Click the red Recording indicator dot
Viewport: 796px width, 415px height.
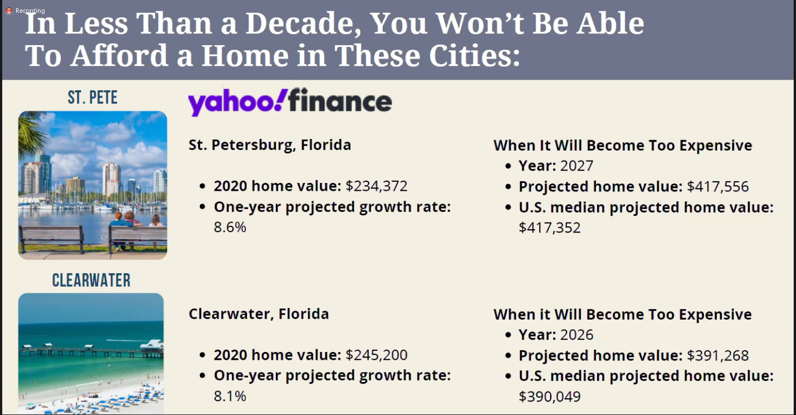tap(9, 11)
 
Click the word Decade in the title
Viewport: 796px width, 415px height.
tap(303, 24)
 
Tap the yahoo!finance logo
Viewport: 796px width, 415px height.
tap(289, 102)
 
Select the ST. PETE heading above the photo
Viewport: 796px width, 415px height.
tap(93, 98)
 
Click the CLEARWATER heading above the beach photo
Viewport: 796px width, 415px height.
tap(91, 280)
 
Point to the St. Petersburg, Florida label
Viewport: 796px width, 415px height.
tap(270, 145)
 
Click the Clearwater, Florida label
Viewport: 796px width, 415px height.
tap(259, 314)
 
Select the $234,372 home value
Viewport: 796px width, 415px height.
tap(376, 186)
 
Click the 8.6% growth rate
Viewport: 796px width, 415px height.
tap(230, 228)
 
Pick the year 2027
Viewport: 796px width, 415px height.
tap(576, 166)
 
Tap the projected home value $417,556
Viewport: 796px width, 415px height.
tap(717, 186)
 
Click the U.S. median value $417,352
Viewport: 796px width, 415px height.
tap(550, 228)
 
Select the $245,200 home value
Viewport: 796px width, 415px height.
tap(376, 355)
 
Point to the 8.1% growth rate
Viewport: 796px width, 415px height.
tap(230, 396)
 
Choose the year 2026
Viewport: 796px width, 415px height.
tap(576, 335)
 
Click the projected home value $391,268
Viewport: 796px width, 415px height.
tap(717, 355)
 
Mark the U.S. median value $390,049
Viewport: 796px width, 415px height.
tap(550, 397)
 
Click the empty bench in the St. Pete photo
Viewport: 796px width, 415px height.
tap(52, 238)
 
